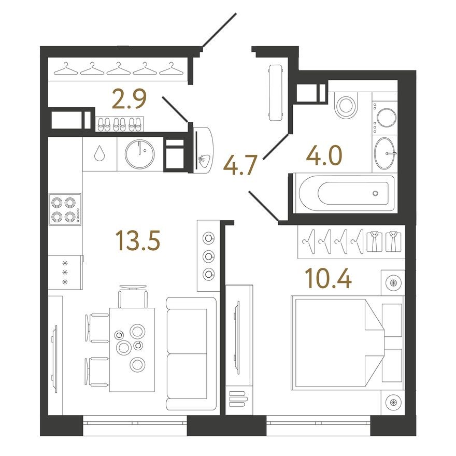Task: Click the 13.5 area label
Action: click(x=138, y=240)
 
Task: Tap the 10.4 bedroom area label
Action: click(x=328, y=278)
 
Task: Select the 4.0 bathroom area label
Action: click(x=324, y=155)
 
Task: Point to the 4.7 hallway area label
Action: click(x=240, y=165)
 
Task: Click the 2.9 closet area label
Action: click(x=129, y=99)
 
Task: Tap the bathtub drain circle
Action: click(x=376, y=193)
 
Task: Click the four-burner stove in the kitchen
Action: click(x=65, y=209)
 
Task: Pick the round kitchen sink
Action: click(x=140, y=154)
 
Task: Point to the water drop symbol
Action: click(x=99, y=153)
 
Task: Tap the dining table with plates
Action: click(x=132, y=350)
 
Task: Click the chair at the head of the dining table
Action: click(x=133, y=296)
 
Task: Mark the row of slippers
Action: click(x=119, y=124)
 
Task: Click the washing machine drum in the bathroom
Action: click(x=387, y=118)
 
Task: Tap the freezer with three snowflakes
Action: click(x=65, y=273)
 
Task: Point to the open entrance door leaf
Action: click(x=219, y=30)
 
